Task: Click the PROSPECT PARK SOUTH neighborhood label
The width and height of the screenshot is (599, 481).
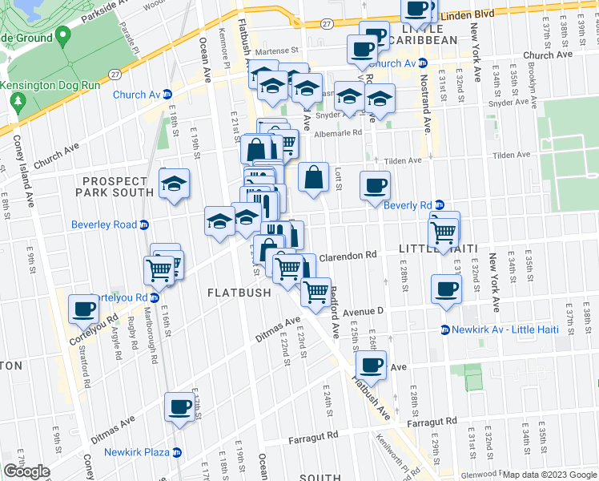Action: coord(114,187)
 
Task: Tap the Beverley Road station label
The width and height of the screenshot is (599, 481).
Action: coord(104,224)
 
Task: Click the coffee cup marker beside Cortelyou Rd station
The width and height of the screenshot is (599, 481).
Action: coord(82,308)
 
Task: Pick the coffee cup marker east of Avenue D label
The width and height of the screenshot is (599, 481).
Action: coord(446,289)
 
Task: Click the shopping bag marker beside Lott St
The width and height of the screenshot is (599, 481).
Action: coord(314,177)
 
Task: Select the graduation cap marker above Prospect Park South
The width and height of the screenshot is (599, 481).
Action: coord(174,184)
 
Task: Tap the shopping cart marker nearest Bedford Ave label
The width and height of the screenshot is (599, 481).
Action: coord(317,291)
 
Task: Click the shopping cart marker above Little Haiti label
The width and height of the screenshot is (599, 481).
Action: coord(444,232)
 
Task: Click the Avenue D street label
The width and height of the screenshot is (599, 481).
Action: coord(364,310)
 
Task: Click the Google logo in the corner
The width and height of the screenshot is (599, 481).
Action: coord(26,471)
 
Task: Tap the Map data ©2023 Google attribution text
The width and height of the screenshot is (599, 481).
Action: coord(549,475)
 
